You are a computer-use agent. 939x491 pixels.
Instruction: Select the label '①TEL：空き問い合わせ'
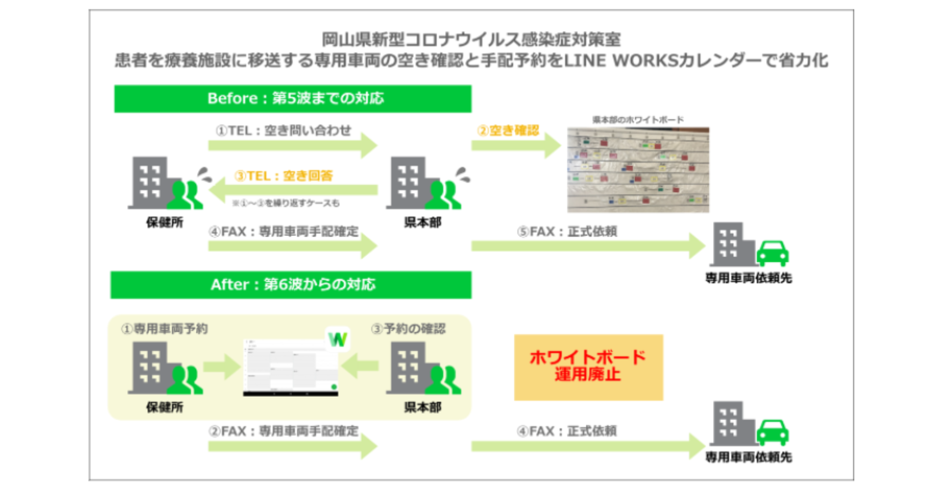[x=284, y=131]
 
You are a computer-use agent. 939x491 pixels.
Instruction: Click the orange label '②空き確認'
[x=508, y=130]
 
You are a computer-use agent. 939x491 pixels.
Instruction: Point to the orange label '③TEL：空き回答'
[x=284, y=176]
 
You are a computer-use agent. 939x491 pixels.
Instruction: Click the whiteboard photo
[x=638, y=170]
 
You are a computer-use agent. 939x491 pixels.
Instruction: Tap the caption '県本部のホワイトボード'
[x=638, y=120]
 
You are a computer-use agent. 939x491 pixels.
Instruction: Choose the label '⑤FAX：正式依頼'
[x=567, y=232]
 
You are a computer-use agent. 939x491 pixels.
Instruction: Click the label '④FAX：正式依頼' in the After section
[x=567, y=431]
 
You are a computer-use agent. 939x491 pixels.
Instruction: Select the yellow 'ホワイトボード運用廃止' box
[x=588, y=367]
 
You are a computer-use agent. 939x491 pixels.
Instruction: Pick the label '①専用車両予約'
[x=164, y=329]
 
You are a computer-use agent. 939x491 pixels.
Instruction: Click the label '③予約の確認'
[x=408, y=329]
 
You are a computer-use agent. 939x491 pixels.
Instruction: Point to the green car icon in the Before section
[x=772, y=253]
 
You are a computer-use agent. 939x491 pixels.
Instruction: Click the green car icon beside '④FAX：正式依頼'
[x=772, y=432]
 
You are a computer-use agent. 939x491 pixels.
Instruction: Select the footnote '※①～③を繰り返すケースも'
[x=286, y=203]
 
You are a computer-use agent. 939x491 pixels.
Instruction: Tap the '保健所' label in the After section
[x=164, y=407]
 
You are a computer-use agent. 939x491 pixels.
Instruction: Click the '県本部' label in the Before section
[x=423, y=223]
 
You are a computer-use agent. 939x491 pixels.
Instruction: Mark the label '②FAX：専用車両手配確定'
[x=284, y=431]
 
